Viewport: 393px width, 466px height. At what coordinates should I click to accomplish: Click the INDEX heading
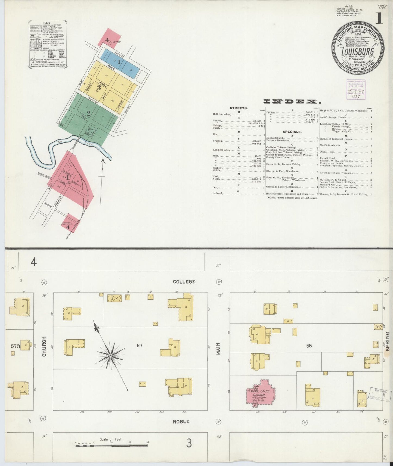pyautogui.click(x=292, y=102)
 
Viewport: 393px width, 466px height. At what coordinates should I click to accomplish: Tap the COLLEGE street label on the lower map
pyautogui.click(x=184, y=282)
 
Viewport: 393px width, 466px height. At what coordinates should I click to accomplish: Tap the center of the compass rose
pyautogui.click(x=110, y=356)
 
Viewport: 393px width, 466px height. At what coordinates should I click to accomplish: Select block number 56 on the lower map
pyautogui.click(x=309, y=346)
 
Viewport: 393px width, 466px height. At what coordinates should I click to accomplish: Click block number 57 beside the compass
pyautogui.click(x=140, y=346)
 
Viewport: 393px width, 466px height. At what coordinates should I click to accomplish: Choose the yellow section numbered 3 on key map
pyautogui.click(x=99, y=88)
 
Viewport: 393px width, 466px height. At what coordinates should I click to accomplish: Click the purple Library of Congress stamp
pyautogui.click(x=356, y=90)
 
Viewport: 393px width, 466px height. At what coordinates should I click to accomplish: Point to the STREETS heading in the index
pyautogui.click(x=239, y=108)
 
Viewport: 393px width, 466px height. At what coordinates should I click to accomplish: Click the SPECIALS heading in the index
pyautogui.click(x=292, y=132)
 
